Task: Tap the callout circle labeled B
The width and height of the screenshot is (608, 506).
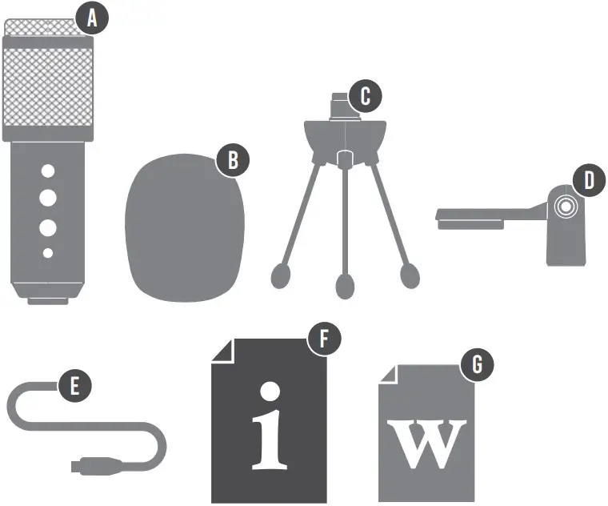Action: coord(233,159)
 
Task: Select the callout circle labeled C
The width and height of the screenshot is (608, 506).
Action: coord(366,96)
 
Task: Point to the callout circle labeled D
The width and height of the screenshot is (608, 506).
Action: coord(589,180)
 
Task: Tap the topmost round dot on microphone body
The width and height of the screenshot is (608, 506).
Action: coord(48,171)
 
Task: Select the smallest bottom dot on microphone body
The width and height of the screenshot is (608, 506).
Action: coord(48,253)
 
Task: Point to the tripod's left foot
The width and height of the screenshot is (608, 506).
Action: coord(282,275)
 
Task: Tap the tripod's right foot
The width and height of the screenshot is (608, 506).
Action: coord(410,275)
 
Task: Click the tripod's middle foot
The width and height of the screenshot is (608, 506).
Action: coord(346,285)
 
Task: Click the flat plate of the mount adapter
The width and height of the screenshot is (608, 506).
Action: coord(472,215)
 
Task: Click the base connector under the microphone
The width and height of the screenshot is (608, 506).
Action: coord(48,301)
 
